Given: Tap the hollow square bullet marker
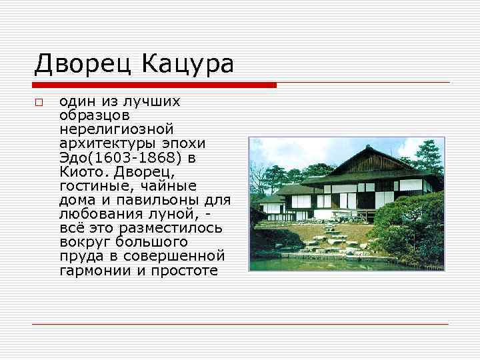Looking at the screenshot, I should coord(39,103).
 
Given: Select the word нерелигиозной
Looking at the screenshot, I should coord(116,129).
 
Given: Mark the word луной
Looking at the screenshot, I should coord(176,214).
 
